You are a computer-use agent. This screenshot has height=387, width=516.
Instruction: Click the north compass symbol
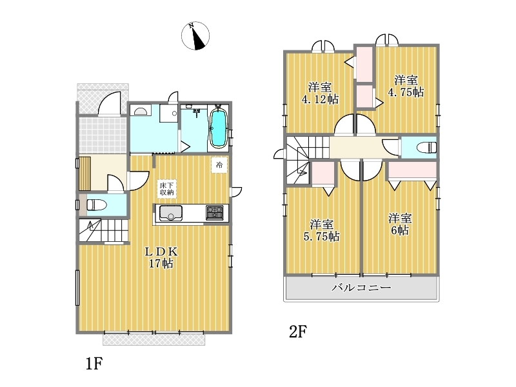click(x=195, y=36)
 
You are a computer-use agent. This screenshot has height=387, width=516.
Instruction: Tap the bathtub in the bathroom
click(x=217, y=128)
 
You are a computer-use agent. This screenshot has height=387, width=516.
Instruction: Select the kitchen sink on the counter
click(x=171, y=213)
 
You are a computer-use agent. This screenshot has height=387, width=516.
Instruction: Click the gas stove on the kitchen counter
click(x=215, y=213)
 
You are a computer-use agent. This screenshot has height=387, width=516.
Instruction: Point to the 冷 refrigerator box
click(x=219, y=165)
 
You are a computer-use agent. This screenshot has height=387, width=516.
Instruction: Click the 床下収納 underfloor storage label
click(x=167, y=189)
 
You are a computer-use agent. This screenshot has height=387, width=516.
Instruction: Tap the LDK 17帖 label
click(x=162, y=257)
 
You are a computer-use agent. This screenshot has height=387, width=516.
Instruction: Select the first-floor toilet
click(x=97, y=205)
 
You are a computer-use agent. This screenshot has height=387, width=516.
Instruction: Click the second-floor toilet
click(x=426, y=147)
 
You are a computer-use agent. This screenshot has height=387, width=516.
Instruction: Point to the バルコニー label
click(x=361, y=288)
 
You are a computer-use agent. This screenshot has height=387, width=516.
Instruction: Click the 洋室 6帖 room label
click(x=400, y=224)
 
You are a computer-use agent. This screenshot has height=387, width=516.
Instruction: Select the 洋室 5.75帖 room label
click(x=321, y=231)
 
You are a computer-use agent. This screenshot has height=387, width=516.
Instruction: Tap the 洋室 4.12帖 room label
click(x=320, y=93)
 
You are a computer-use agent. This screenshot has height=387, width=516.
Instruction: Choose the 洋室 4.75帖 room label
click(x=406, y=86)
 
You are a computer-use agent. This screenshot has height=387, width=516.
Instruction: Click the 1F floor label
click(x=94, y=364)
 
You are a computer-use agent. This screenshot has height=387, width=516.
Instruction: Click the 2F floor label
click(x=298, y=332)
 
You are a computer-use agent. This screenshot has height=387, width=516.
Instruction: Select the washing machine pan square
click(x=169, y=114)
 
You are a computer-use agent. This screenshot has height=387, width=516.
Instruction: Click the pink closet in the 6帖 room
click(x=412, y=170)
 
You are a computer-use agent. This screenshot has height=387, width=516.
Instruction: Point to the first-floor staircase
click(x=103, y=230)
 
